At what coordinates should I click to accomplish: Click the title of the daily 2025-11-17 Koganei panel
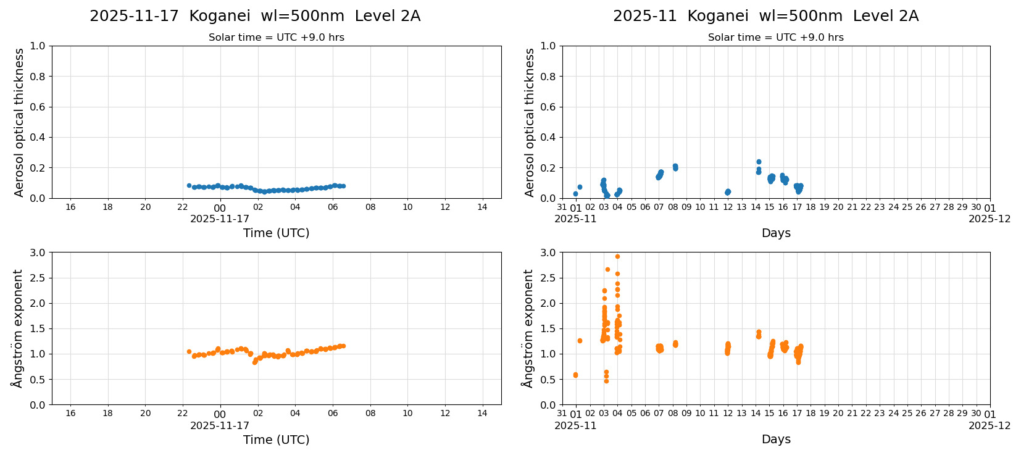tap(255, 16)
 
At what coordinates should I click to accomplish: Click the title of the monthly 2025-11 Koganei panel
tap(765, 16)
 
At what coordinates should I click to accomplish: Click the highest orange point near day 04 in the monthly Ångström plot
tap(617, 256)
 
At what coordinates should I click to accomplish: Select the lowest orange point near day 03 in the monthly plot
tap(606, 381)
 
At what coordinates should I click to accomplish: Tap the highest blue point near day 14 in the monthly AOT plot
tap(759, 162)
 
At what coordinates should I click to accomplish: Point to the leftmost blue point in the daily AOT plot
tap(189, 185)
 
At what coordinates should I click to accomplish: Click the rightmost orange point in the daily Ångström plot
tap(343, 346)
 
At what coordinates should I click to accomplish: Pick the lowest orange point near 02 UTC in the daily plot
tap(254, 362)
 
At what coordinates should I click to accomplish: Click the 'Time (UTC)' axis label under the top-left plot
tap(276, 233)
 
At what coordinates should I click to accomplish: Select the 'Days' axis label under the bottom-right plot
tap(776, 439)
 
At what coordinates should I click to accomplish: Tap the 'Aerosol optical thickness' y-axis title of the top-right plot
tap(530, 122)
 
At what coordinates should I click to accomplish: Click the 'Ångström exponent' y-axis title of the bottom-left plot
tap(17, 328)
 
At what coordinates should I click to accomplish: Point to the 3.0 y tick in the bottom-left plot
tap(38, 253)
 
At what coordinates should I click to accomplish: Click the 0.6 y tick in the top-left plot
tap(38, 107)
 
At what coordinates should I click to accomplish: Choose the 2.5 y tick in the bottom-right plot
tap(548, 278)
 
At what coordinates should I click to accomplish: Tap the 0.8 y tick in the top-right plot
tap(548, 77)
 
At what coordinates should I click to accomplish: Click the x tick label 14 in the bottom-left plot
tap(482, 413)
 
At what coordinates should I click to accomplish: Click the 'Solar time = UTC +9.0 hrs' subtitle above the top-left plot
tap(276, 37)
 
